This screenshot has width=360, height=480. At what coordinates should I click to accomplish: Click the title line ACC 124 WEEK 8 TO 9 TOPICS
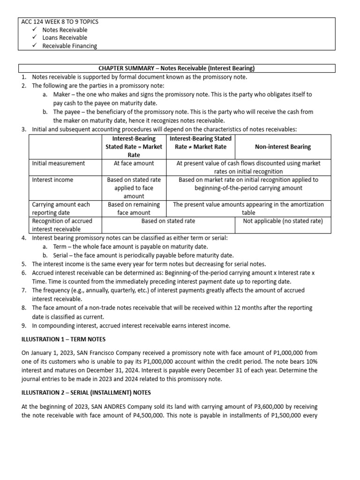60,22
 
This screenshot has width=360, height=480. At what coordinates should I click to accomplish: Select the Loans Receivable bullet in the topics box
65,37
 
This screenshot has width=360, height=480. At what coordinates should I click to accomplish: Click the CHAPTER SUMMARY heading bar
177,68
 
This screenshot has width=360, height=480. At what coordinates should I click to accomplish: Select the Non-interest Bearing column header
283,147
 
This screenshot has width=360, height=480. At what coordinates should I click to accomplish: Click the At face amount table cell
134,163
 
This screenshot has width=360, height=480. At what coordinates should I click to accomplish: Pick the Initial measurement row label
59,163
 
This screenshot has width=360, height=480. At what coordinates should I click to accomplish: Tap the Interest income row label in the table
52,180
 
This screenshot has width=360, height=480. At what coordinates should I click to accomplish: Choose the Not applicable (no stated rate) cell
283,221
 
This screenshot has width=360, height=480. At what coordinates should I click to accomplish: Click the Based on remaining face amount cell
134,208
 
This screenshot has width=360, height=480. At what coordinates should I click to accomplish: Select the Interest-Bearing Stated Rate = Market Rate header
134,147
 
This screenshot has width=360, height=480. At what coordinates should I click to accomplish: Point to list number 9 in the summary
23,325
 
